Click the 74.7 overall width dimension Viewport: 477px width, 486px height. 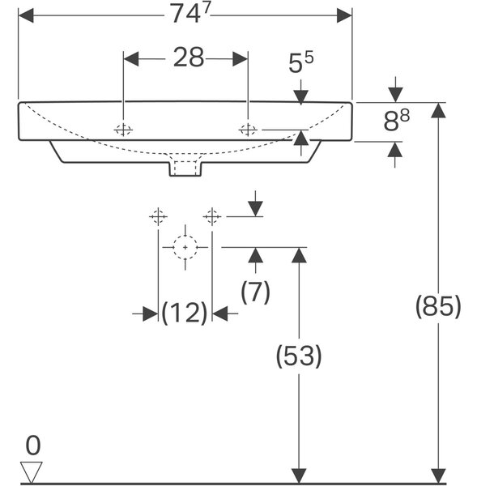(190, 14)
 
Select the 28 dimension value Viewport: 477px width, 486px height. (189, 58)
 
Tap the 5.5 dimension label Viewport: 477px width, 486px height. (300, 62)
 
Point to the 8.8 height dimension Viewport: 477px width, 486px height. (396, 120)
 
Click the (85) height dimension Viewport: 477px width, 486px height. (438, 306)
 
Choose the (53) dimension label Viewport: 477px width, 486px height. (299, 356)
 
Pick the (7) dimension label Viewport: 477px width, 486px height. (255, 292)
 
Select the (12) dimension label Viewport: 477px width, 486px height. (185, 313)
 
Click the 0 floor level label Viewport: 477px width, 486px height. (33, 446)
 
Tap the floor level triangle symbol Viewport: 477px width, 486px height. (32, 472)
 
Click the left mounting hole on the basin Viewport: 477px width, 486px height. (123, 130)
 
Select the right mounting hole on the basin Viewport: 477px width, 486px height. (248, 130)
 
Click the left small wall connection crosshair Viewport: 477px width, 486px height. (159, 216)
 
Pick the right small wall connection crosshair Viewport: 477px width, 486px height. (212, 216)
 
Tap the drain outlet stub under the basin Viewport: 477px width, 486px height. (185, 169)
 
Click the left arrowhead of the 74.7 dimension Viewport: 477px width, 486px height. (26, 15)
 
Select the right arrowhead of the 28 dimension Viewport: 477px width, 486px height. (241, 59)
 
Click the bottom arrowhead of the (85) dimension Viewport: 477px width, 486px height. (438, 475)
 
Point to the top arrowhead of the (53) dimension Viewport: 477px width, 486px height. (299, 255)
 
